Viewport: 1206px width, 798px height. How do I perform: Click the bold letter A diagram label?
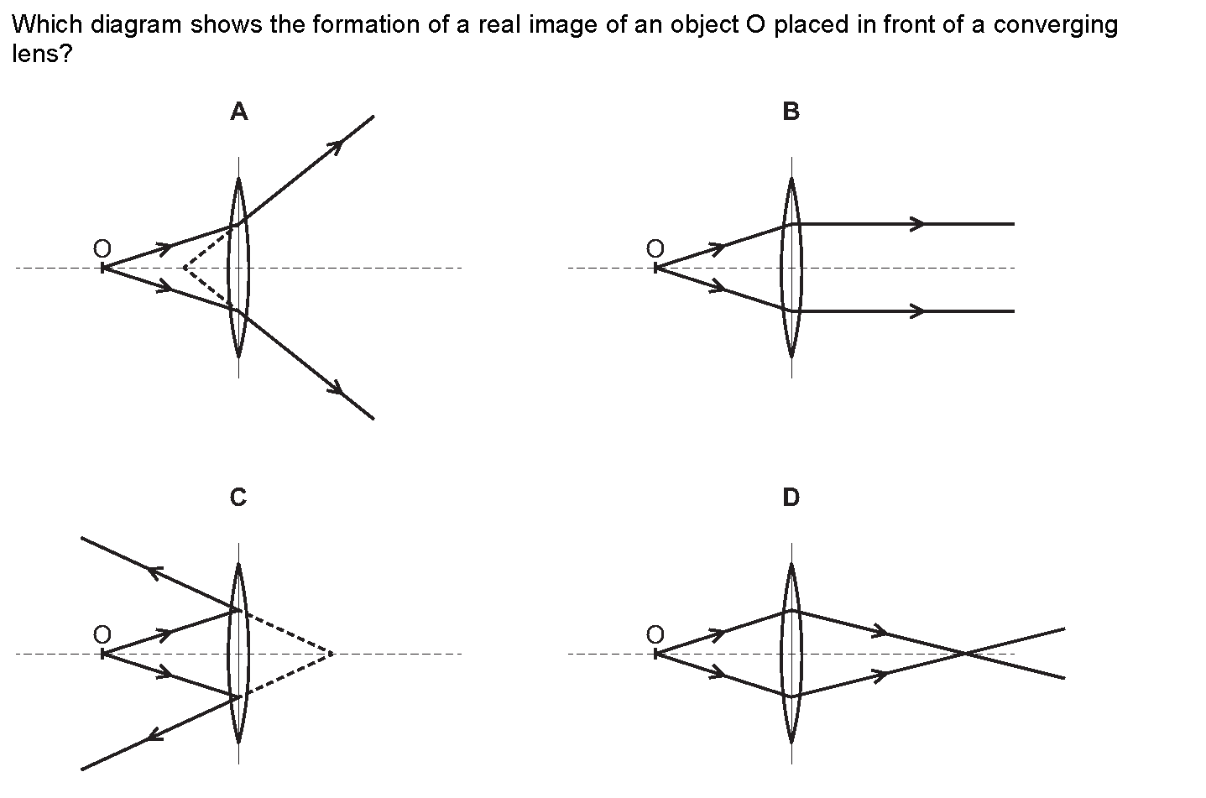[x=239, y=112]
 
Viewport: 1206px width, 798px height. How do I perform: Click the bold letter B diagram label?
[x=791, y=112]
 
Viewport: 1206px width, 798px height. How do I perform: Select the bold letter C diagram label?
[x=238, y=498]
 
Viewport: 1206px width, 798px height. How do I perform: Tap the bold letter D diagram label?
[x=791, y=498]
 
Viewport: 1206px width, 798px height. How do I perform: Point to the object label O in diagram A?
[x=102, y=248]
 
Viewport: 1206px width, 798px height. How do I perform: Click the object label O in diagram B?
[x=655, y=248]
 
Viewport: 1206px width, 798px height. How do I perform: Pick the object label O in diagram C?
[x=102, y=634]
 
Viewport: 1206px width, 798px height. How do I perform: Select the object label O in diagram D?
[x=655, y=634]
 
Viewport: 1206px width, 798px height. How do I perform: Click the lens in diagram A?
[x=238, y=268]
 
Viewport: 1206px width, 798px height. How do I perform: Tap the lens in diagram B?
[x=791, y=268]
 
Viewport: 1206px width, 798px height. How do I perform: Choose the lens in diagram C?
[x=238, y=654]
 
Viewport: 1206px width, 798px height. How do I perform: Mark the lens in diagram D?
[x=791, y=654]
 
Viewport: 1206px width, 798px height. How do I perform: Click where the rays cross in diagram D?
[x=968, y=653]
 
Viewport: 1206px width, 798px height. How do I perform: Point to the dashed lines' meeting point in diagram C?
[x=333, y=653]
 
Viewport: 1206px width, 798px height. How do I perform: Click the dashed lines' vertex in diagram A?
[x=185, y=268]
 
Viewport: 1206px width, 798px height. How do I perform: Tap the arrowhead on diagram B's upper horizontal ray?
[x=920, y=224]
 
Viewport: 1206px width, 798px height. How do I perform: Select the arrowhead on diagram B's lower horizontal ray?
[x=920, y=311]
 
